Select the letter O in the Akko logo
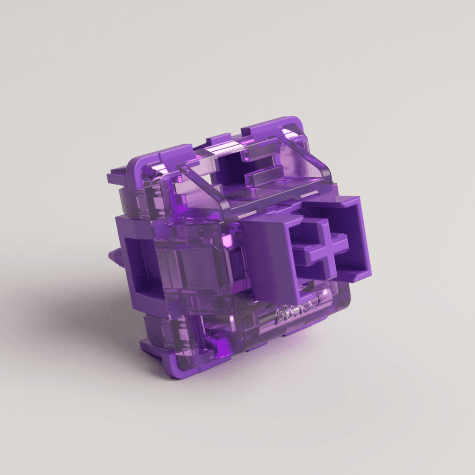point(314,299)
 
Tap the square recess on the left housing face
point(141,267)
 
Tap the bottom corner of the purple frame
point(174,373)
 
